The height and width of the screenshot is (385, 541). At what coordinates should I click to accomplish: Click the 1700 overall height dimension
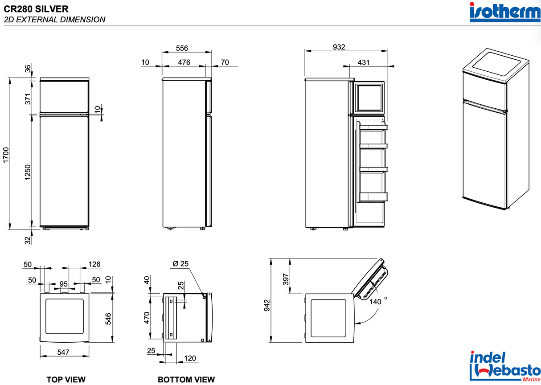(5, 154)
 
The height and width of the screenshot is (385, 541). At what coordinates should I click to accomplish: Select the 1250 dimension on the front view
(28, 173)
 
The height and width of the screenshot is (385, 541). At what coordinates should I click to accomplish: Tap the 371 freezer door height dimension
(28, 99)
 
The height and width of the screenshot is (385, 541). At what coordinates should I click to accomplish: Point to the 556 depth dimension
(182, 48)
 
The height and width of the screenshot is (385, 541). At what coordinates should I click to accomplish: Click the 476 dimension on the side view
(184, 62)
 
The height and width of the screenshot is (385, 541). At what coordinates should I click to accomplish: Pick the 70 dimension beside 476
(225, 62)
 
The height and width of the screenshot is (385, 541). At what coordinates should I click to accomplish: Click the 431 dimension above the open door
(364, 62)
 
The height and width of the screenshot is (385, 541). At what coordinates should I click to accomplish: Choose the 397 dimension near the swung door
(286, 279)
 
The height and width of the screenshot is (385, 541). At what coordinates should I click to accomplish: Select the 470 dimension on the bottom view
(147, 318)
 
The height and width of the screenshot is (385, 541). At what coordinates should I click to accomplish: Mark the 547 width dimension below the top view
(63, 352)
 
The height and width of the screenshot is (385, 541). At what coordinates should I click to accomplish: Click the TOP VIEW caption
(66, 380)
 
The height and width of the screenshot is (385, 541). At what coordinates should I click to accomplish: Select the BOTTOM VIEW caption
(186, 380)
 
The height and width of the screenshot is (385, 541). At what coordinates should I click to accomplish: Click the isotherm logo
(505, 12)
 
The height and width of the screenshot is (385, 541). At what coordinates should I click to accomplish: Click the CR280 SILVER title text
(36, 8)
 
